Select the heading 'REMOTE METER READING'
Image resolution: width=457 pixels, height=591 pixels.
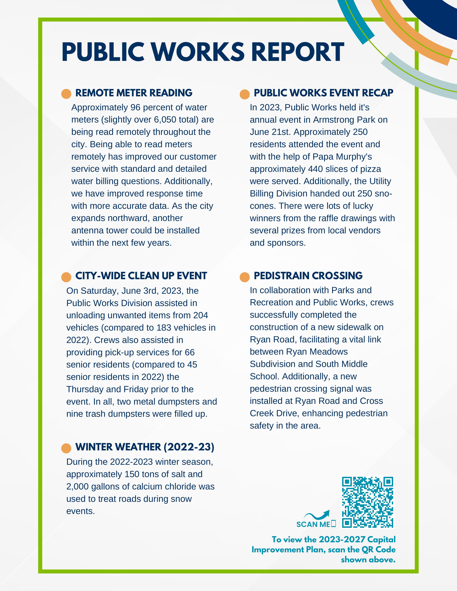(134, 93)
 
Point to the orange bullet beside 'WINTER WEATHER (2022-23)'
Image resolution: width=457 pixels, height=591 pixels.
(66, 448)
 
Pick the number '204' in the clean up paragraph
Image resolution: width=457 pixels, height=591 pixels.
(201, 315)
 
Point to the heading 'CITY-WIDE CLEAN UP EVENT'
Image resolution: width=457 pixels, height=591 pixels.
(141, 276)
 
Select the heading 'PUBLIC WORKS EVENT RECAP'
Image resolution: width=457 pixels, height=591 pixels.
(323, 93)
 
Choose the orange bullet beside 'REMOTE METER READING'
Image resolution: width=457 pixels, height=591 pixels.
(66, 94)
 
